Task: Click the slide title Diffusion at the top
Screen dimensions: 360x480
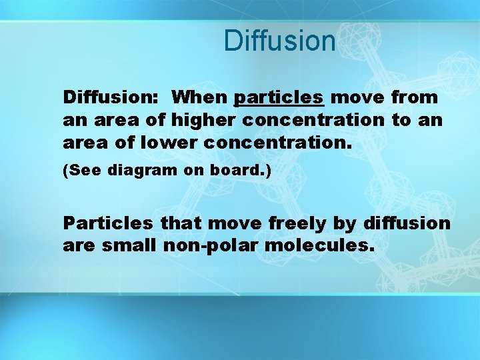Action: coord(280,41)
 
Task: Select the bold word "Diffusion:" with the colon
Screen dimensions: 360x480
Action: coord(111,97)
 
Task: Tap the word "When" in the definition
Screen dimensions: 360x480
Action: coord(199,97)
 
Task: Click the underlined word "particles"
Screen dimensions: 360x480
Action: coord(279,98)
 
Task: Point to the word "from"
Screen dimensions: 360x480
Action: coord(414,97)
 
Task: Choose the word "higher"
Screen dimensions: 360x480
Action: coord(205,121)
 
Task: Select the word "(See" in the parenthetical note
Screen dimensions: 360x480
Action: coord(79,171)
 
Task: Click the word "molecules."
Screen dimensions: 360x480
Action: coord(319,246)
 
